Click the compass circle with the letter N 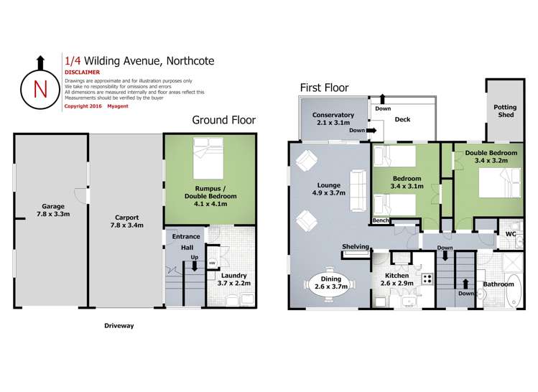[x=40, y=89]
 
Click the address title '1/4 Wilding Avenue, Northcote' [x=139, y=62]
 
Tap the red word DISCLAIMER [x=82, y=73]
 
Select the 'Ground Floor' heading [x=223, y=120]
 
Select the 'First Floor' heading [x=324, y=88]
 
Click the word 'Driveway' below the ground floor [x=118, y=325]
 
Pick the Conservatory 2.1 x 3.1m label [x=333, y=119]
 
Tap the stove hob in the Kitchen [x=426, y=279]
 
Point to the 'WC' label [x=511, y=234]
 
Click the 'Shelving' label [x=356, y=246]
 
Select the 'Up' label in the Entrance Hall [x=193, y=256]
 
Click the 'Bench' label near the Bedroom [x=380, y=220]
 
